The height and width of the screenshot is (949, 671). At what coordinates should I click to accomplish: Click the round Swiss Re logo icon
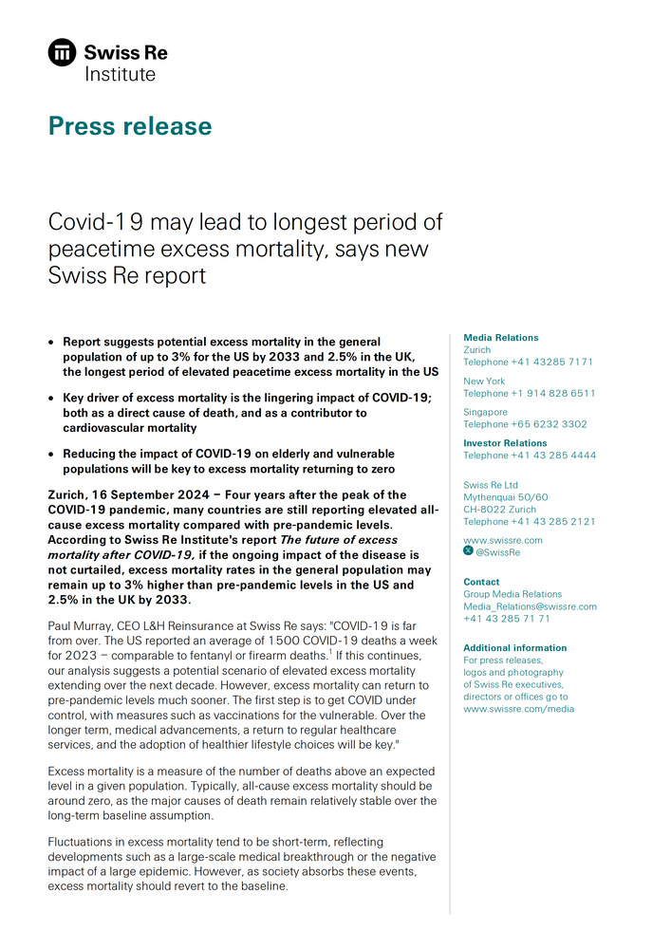point(63,53)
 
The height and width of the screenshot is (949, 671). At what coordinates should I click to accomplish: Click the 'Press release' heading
point(130,126)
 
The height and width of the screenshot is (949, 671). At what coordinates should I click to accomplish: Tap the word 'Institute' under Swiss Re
point(120,73)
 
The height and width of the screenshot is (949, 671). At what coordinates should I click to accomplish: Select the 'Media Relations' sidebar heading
point(500,338)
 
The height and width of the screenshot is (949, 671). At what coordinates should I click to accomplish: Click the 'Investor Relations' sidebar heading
point(503,443)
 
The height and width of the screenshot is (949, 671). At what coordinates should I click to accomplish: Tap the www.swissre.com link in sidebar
point(503,540)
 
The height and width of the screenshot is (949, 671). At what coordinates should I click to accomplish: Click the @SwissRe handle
point(497,551)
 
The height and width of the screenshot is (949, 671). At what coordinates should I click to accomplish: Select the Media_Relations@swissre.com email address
point(530,606)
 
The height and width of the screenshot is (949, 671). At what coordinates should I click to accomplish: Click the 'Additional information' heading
point(514,648)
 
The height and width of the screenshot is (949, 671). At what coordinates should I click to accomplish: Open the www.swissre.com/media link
point(518,708)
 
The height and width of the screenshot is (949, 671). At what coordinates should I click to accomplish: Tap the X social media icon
point(468,551)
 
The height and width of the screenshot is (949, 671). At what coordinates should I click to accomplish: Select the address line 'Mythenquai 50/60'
point(505,497)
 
